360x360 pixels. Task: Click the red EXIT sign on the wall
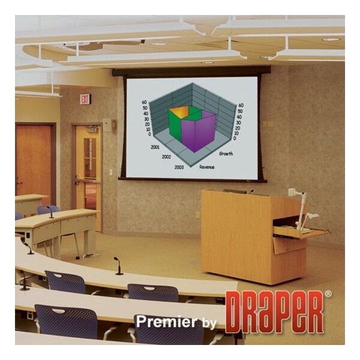(x=86, y=98)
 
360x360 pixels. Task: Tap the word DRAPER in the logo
(x=274, y=312)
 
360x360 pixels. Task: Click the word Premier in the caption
(x=164, y=322)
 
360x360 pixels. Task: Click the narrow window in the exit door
(x=89, y=157)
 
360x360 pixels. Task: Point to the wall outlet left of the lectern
(x=197, y=214)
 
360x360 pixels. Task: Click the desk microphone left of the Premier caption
(x=117, y=266)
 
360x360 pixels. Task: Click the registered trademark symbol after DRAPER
(x=328, y=294)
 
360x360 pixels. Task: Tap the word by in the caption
(x=209, y=323)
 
